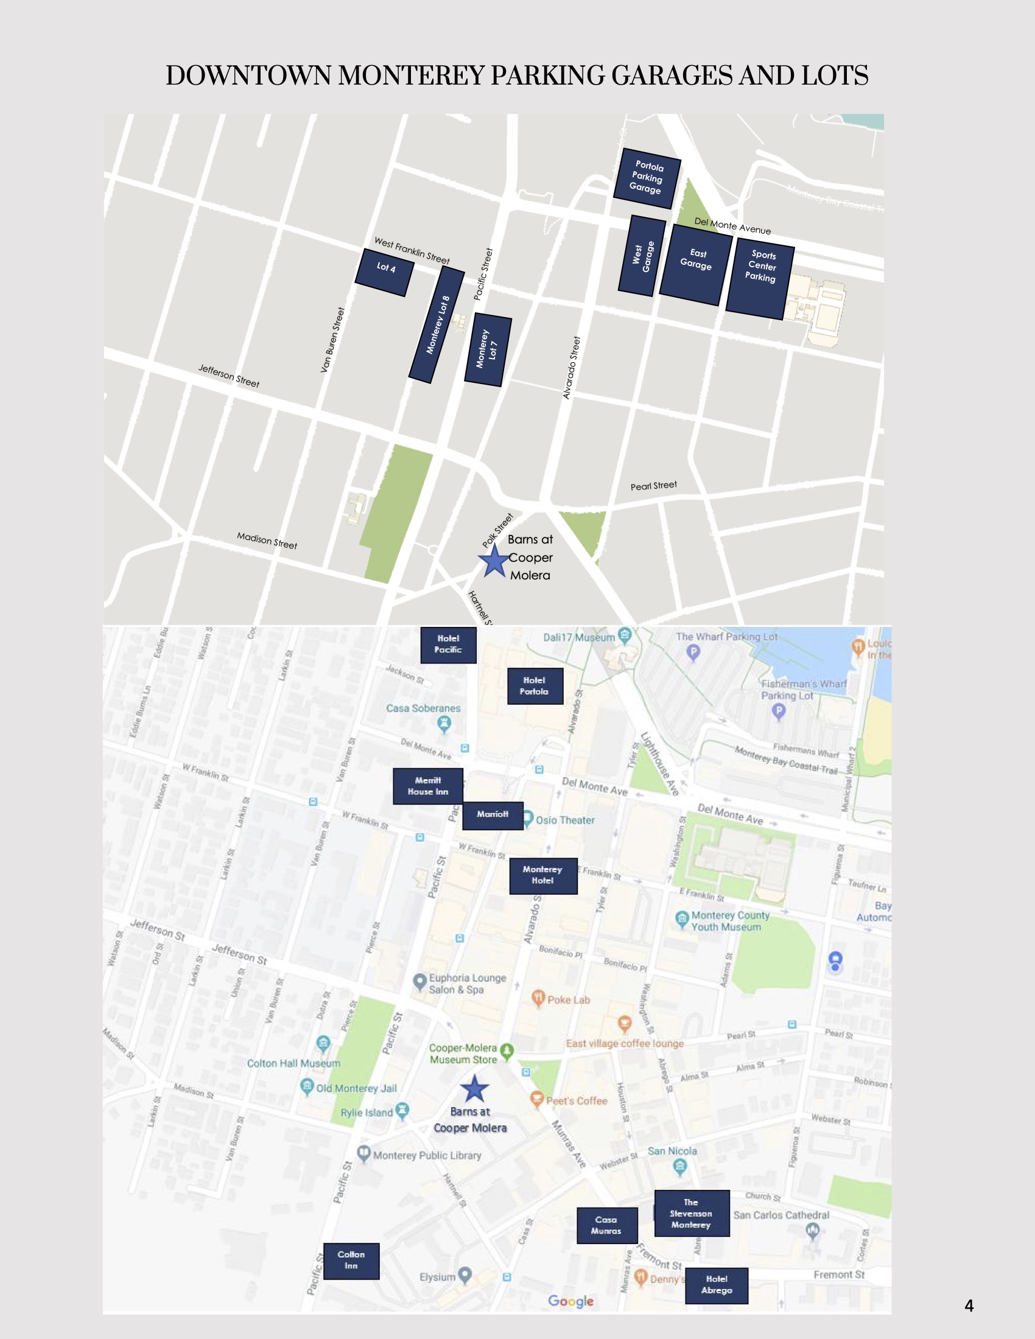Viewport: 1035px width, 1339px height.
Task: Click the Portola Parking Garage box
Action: (x=647, y=178)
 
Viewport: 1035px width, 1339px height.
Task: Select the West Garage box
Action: (x=642, y=256)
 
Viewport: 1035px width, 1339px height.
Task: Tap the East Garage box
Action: (x=696, y=265)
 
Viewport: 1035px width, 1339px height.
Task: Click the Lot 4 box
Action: (x=384, y=272)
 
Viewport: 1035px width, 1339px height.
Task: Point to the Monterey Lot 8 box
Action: (x=437, y=325)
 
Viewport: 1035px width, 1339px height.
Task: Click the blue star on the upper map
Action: (x=494, y=561)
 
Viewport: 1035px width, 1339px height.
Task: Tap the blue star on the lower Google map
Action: (x=474, y=1089)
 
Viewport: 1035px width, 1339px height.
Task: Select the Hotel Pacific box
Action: (x=448, y=645)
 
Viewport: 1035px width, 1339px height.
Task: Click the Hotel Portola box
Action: (x=535, y=685)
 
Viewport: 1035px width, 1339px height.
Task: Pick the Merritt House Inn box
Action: (x=427, y=786)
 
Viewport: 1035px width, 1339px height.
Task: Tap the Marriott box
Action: (x=493, y=815)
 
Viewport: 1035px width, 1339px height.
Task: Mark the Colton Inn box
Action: (x=351, y=1260)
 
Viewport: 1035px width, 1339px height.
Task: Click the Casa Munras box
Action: (x=606, y=1225)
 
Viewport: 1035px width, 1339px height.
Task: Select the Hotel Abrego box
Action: (x=716, y=1285)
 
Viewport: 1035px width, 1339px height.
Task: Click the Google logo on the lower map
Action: (x=571, y=1301)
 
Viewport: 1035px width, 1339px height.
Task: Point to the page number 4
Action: (x=969, y=1306)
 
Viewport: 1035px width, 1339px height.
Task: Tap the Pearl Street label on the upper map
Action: (x=654, y=486)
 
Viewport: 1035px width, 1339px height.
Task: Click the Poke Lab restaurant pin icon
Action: (x=538, y=998)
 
